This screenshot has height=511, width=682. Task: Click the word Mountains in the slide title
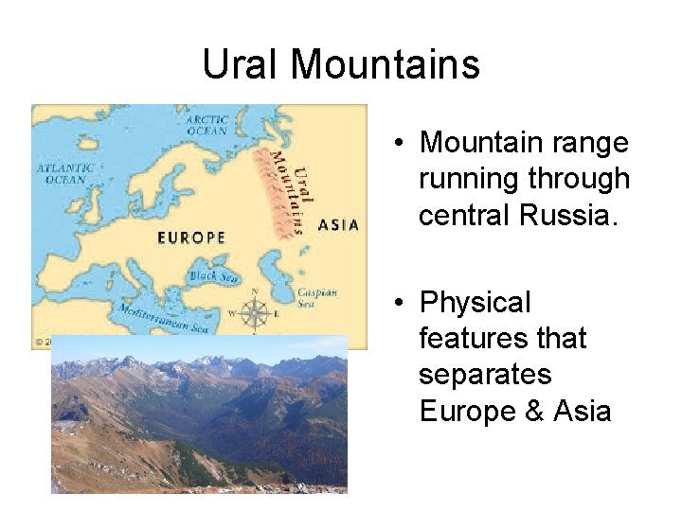386,64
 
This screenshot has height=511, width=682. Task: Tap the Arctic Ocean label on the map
206,125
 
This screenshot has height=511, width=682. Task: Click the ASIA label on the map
338,225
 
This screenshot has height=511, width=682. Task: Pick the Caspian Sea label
316,297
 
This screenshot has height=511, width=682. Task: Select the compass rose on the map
254,312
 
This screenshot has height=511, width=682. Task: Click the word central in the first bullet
465,215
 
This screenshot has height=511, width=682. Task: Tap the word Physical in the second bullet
476,303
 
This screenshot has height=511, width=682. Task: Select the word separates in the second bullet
485,375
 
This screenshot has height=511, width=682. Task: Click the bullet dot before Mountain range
403,144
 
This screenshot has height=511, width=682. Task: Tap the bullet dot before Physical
403,304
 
